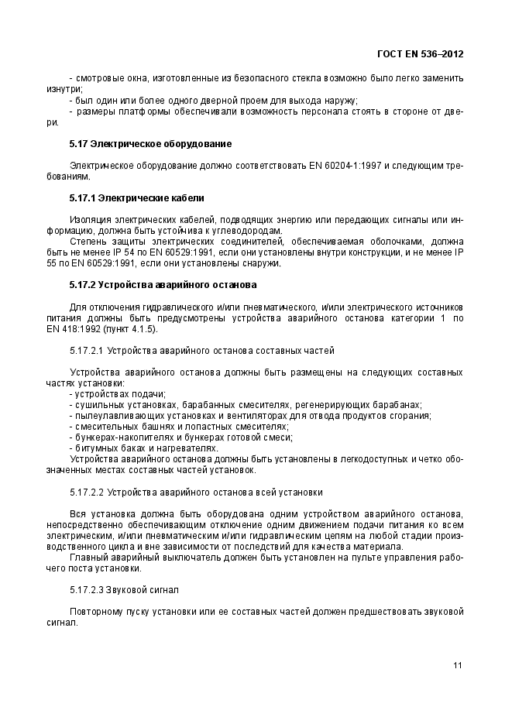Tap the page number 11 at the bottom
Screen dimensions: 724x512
tap(458, 666)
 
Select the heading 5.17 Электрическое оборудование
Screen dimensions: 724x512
tap(150, 144)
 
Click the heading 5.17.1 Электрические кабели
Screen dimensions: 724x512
tap(136, 198)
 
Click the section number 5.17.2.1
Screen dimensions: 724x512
tap(87, 350)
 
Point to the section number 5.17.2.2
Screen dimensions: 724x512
tap(87, 492)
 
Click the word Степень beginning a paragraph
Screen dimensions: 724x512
tap(87, 242)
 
